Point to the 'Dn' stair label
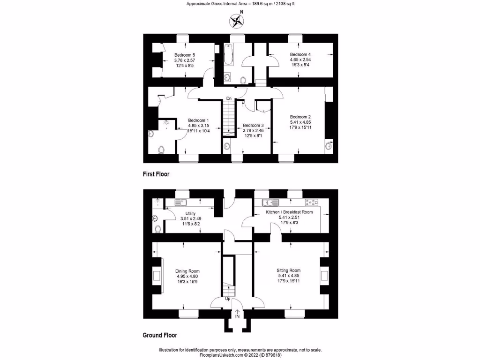point(229,98)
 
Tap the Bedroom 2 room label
point(300,117)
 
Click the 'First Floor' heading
point(156,174)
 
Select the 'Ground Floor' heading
point(159,335)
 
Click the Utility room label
point(190,213)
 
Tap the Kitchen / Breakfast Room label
point(289,212)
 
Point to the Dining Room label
point(187,271)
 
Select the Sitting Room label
point(289,270)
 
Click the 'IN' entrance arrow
point(237,314)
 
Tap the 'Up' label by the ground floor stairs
point(228,298)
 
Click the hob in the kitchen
point(311,202)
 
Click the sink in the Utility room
point(181,202)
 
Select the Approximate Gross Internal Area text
point(240,4)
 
